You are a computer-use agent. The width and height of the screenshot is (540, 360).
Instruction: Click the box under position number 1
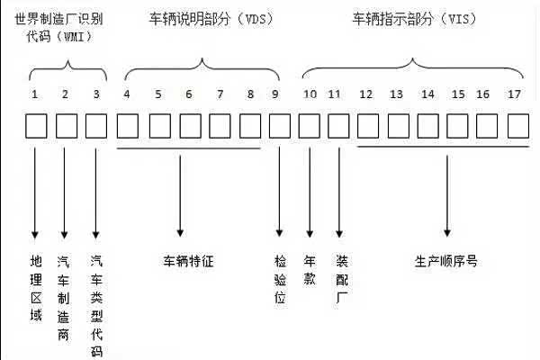tap(35, 125)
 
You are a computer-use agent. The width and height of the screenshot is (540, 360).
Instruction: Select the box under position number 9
tap(280, 125)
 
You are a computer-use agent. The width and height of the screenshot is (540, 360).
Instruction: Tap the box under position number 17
tap(517, 125)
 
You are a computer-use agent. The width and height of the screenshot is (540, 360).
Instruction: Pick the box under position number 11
tap(339, 125)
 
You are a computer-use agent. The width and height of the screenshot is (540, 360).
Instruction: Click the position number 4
tap(126, 94)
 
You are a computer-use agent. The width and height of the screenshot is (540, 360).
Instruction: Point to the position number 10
tap(310, 94)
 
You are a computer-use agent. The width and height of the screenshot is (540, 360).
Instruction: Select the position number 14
tap(427, 94)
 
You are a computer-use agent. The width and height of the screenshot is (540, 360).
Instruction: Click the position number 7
tap(219, 94)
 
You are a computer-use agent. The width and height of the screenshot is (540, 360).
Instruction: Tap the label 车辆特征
tap(187, 262)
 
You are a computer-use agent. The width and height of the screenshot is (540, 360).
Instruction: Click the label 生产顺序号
tap(445, 262)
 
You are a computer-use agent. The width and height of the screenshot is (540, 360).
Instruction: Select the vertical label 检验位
tap(280, 278)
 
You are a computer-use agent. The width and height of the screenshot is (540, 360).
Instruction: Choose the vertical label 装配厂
tap(340, 278)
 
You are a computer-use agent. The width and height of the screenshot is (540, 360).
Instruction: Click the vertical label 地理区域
tap(36, 288)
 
